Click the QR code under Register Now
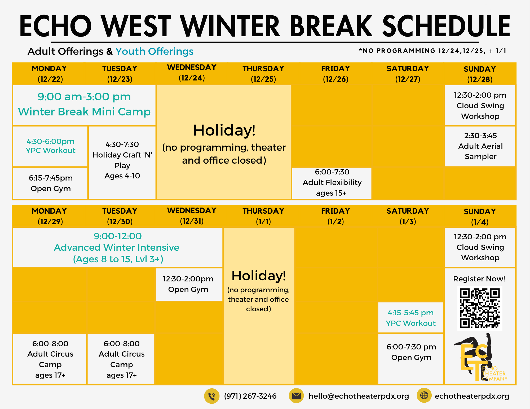(480, 308)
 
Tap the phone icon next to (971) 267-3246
(212, 396)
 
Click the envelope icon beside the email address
(296, 396)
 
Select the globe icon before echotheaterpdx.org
(424, 395)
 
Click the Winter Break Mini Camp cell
(84, 105)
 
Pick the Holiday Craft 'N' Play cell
(122, 163)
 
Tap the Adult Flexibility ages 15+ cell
(332, 183)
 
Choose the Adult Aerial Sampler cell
(480, 146)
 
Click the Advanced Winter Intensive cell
(118, 247)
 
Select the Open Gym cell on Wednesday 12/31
(189, 285)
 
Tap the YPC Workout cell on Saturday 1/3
(411, 318)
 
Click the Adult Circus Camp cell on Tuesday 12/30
(121, 359)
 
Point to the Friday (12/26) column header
(335, 74)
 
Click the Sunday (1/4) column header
(480, 217)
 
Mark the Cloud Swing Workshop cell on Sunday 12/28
(480, 105)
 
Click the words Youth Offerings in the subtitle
(154, 51)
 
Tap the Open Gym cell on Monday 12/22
(50, 183)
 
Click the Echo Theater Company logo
(480, 357)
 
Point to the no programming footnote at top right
(432, 51)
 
